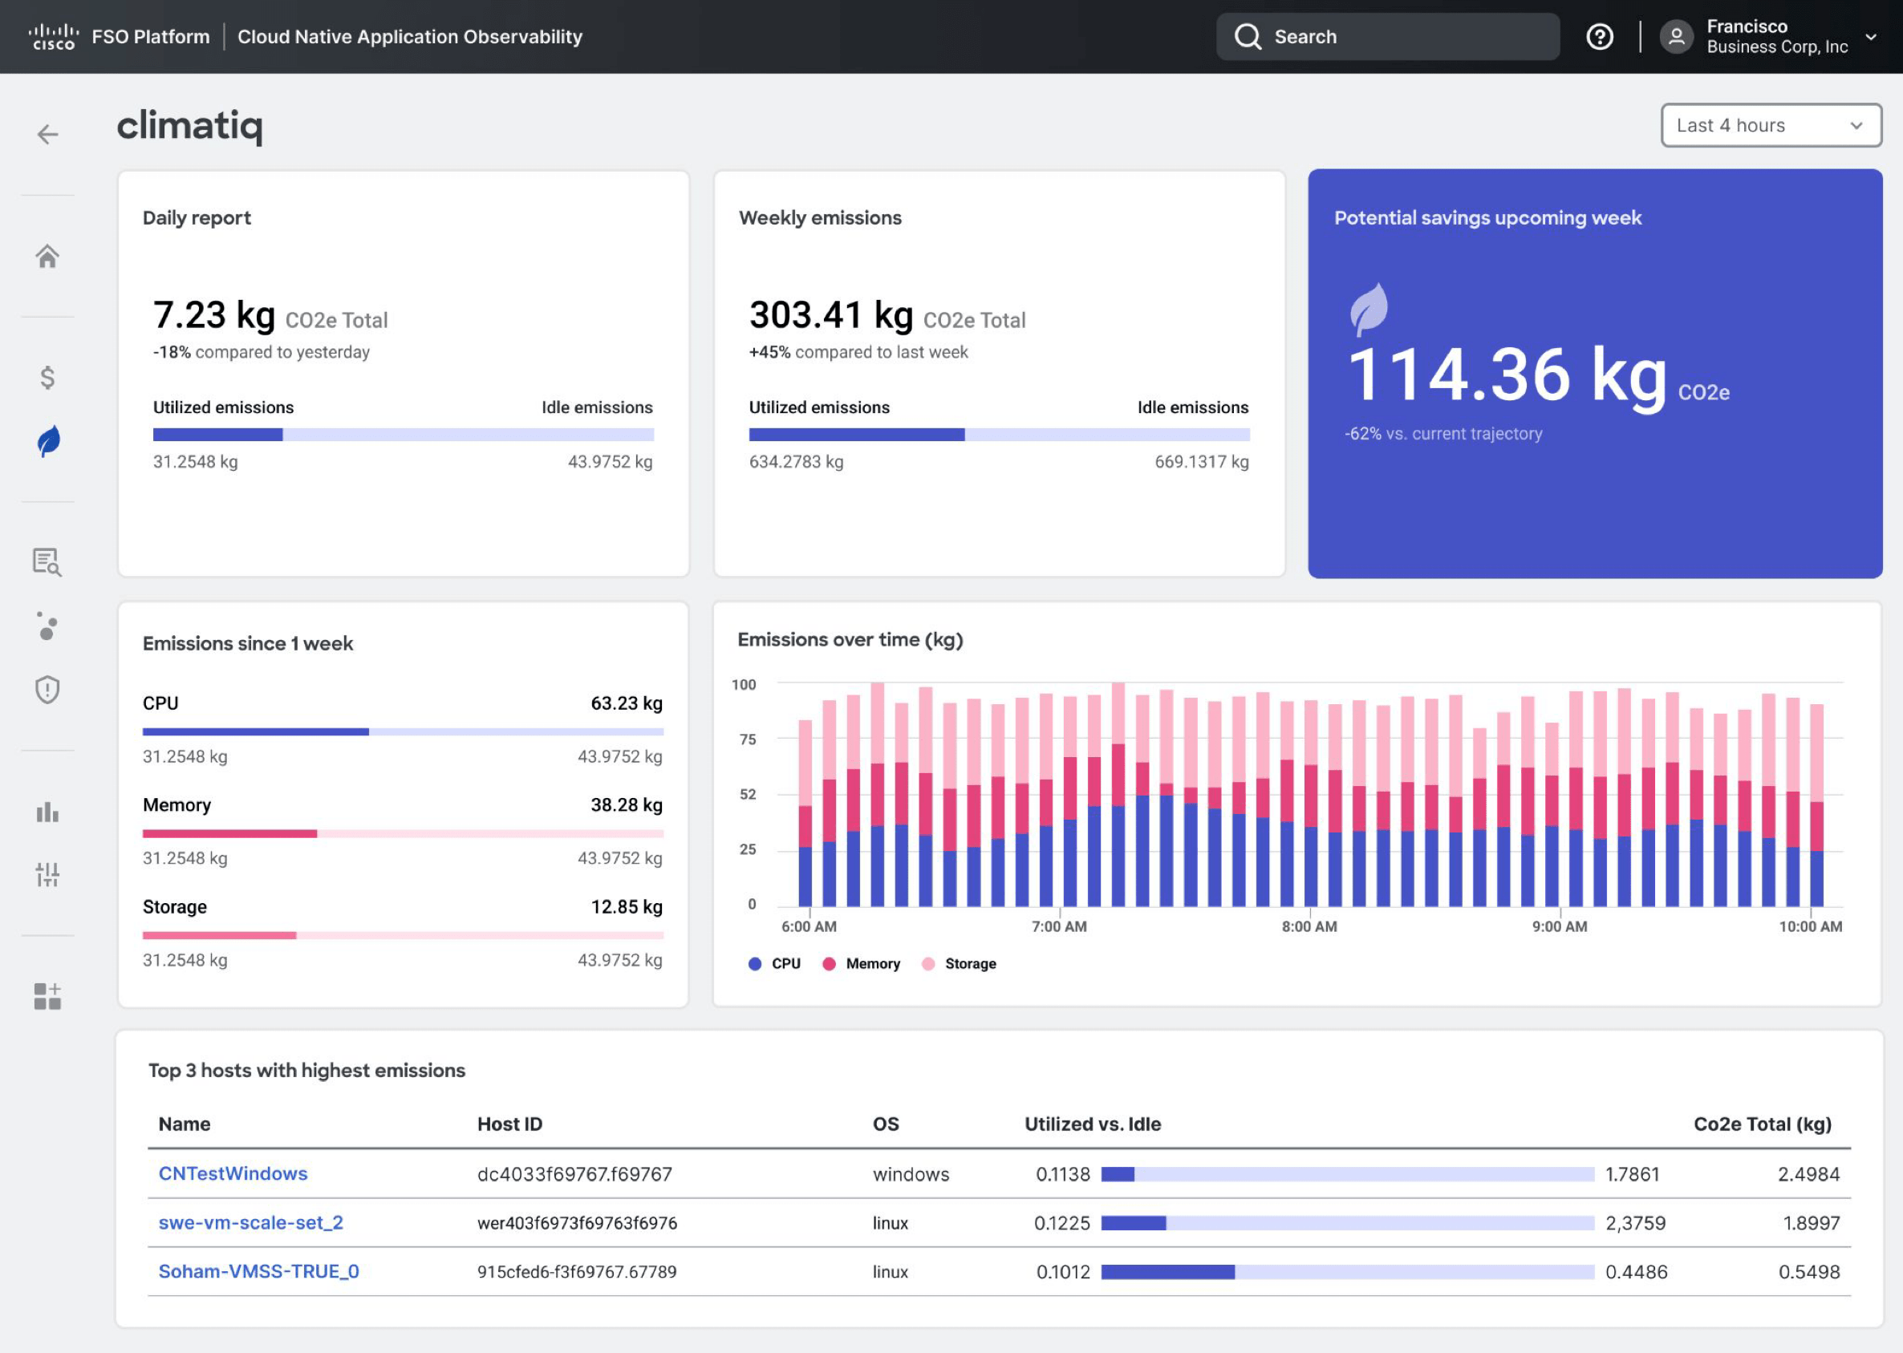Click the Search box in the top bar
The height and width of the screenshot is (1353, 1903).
click(1387, 37)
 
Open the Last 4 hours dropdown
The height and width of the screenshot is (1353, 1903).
click(1771, 126)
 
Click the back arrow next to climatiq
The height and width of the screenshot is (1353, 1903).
click(47, 134)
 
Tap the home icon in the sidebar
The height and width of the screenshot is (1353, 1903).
click(47, 257)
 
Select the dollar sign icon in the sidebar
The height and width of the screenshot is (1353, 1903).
click(47, 378)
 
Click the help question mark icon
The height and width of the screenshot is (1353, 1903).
click(1599, 37)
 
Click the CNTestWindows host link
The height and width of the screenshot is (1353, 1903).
click(233, 1173)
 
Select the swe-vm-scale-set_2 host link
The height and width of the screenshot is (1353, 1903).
click(250, 1222)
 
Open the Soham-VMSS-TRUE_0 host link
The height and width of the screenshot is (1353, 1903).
click(258, 1271)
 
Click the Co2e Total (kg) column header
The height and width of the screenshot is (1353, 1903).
click(1762, 1124)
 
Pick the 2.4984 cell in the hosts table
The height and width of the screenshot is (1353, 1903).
click(1808, 1174)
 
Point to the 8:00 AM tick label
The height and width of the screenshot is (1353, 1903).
click(1309, 926)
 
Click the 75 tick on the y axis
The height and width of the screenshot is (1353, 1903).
click(748, 739)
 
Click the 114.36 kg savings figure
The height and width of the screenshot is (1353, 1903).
click(1507, 377)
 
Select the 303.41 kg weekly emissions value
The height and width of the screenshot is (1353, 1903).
click(830, 316)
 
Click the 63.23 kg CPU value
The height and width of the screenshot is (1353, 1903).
click(627, 703)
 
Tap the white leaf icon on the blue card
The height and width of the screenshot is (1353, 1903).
click(1369, 309)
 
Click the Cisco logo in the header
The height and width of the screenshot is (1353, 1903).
click(53, 37)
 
